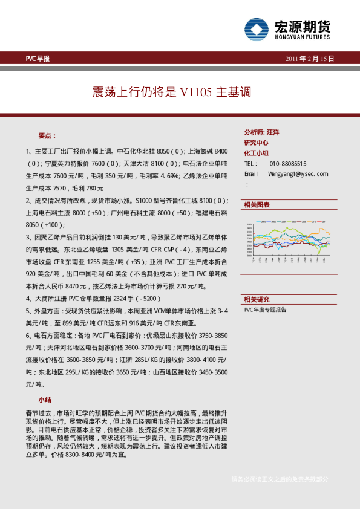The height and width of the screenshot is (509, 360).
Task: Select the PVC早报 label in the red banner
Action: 38,59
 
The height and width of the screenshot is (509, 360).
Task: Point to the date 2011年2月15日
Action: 309,59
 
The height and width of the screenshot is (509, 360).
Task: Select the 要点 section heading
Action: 47,135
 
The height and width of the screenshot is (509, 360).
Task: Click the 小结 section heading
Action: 45,400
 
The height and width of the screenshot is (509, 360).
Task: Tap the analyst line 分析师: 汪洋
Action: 261,132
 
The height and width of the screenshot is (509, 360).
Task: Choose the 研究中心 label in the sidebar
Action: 257,143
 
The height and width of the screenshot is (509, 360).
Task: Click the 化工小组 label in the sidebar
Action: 257,153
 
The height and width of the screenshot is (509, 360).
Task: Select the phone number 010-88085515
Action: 288,164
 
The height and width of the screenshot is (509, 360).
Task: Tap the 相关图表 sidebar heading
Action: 257,205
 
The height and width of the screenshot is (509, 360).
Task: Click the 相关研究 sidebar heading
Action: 257,299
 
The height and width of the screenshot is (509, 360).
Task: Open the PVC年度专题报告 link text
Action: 266,309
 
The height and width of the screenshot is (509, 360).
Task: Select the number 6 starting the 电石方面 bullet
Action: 28,334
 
